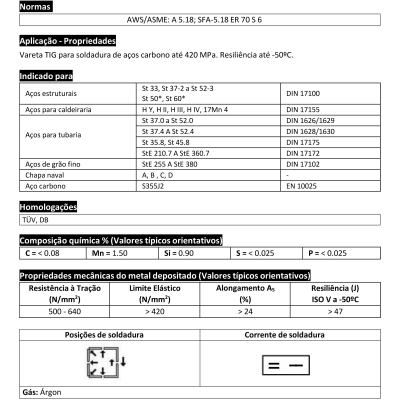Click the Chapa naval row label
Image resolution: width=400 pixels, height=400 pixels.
46,174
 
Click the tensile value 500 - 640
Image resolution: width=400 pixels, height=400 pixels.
60,309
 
